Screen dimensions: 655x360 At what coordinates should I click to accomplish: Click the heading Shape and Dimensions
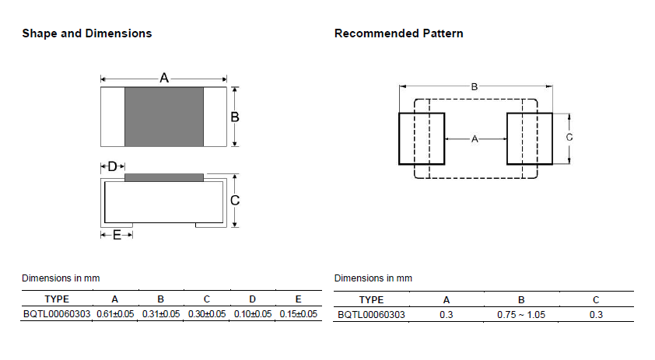(87, 33)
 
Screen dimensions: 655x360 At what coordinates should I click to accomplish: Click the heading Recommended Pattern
(398, 33)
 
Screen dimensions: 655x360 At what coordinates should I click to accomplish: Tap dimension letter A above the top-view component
(164, 78)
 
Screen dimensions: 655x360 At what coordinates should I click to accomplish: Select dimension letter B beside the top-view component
(235, 117)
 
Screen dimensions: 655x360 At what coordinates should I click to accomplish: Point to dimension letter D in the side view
(112, 166)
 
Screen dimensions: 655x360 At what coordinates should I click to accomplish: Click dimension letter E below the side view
(117, 235)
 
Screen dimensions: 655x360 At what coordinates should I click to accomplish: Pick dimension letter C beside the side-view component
(235, 201)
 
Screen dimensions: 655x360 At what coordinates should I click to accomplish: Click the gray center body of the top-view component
(164, 117)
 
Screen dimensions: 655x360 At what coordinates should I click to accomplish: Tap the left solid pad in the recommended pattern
(422, 138)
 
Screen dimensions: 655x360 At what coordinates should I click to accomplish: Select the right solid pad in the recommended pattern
(530, 138)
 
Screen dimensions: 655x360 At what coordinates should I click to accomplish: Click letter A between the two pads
(475, 139)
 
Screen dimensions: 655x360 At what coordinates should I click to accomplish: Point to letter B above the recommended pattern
(475, 87)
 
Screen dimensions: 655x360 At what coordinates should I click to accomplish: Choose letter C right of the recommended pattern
(569, 138)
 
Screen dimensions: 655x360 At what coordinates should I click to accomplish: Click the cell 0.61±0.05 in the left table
(115, 314)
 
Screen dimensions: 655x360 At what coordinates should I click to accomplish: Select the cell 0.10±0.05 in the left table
(253, 314)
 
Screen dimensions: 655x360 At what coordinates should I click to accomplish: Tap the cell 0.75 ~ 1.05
(521, 315)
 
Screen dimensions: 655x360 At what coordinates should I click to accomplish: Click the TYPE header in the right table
(371, 300)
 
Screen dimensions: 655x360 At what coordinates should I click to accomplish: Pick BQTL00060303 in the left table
(57, 314)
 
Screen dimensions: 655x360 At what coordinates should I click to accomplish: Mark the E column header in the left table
(298, 299)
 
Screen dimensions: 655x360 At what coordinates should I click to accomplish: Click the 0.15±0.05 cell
(299, 314)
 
